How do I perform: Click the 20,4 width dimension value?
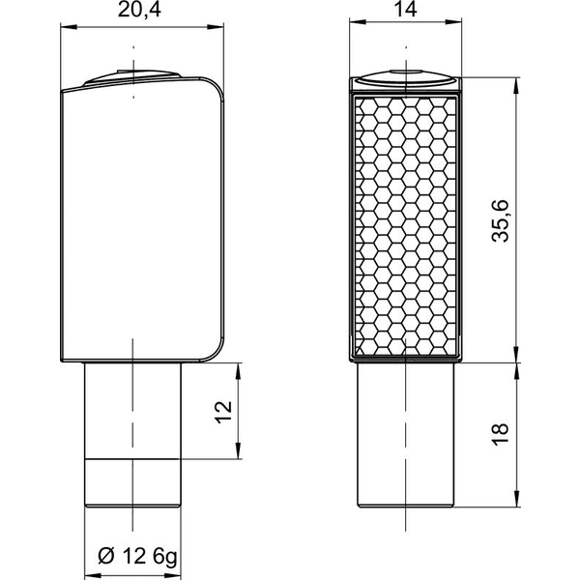(x=139, y=10)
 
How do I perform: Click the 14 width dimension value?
(x=406, y=10)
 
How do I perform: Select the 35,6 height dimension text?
(x=501, y=220)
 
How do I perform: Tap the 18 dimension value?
(x=501, y=435)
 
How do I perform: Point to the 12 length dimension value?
(x=223, y=412)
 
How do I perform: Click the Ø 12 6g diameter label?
(x=137, y=556)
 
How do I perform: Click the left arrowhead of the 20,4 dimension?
(x=69, y=27)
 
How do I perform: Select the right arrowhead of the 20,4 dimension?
(x=216, y=27)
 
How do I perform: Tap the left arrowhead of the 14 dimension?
(x=358, y=22)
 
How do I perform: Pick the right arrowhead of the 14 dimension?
(x=453, y=22)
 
